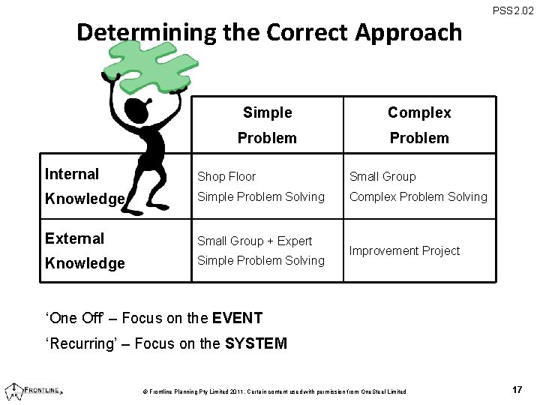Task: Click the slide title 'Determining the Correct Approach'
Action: (269, 32)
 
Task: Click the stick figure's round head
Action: (138, 112)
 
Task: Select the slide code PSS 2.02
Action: (513, 10)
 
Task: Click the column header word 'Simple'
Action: (267, 112)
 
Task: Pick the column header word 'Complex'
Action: (419, 112)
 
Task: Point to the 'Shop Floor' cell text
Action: (226, 177)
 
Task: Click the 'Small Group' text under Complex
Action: (382, 177)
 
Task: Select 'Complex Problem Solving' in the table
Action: (418, 197)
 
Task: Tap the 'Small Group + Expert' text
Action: (254, 241)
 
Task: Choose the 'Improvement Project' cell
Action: (404, 251)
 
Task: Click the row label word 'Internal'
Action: (72, 174)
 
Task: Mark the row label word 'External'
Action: (74, 238)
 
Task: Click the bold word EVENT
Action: (237, 318)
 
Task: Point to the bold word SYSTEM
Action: (256, 344)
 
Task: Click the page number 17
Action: (517, 390)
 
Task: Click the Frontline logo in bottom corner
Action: (34, 390)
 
